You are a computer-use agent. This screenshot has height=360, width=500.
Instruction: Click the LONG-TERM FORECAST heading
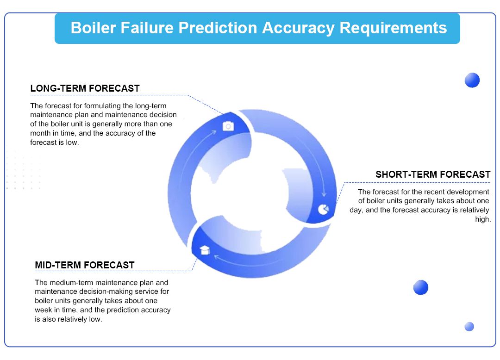[85, 88]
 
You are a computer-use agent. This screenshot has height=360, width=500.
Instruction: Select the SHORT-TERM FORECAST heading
[433, 174]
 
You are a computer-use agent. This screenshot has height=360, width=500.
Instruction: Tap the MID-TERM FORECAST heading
[85, 265]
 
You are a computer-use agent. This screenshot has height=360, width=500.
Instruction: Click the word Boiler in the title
[93, 28]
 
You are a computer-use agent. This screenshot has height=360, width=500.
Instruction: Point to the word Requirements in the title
[393, 28]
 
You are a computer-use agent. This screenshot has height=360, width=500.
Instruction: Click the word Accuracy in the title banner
[298, 28]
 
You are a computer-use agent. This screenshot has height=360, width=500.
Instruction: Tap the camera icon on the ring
[228, 126]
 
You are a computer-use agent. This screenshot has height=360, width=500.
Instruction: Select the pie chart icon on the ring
[323, 209]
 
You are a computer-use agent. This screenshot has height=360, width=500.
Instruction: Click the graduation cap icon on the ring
[205, 250]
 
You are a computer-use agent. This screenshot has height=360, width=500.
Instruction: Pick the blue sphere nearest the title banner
[472, 80]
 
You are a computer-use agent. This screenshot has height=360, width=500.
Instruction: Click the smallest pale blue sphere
[469, 327]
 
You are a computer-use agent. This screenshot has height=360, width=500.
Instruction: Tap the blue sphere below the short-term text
[420, 287]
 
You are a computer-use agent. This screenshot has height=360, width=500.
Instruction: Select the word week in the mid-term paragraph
[44, 310]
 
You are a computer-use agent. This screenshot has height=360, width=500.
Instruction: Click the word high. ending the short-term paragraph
[483, 219]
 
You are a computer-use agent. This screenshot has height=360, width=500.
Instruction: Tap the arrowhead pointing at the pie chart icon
[324, 194]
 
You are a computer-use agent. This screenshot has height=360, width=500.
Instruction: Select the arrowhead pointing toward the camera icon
[213, 132]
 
